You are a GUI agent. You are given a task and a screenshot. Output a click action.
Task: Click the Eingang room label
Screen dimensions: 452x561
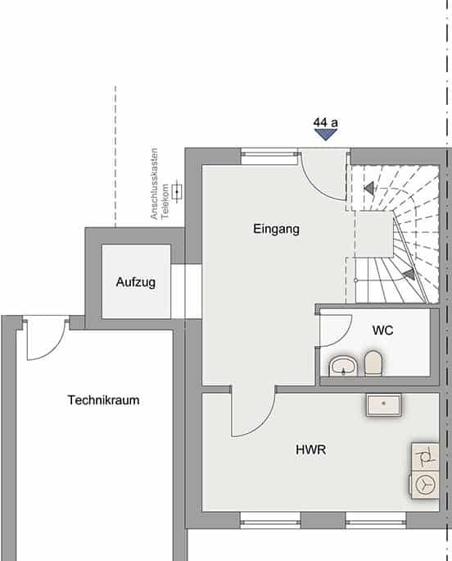pos(276,230)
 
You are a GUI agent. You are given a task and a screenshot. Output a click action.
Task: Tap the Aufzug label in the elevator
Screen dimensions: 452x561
pos(136,282)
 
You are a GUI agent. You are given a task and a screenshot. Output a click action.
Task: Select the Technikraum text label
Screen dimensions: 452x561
pos(104,400)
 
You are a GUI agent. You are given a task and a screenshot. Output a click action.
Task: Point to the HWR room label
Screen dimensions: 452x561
pos(311,449)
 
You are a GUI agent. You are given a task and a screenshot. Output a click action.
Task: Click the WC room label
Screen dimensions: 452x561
pos(382,331)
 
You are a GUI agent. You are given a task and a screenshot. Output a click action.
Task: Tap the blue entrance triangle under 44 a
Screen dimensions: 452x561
pos(326,135)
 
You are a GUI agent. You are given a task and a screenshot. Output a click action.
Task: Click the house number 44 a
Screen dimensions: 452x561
pos(326,123)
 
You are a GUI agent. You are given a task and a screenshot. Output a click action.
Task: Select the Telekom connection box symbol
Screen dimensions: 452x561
pos(177,192)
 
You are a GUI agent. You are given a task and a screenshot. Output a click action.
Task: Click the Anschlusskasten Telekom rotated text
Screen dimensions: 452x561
pos(159,184)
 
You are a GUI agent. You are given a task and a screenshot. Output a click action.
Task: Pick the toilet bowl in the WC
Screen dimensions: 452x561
pos(373,363)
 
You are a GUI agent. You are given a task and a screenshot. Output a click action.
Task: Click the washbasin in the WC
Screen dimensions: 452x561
pos(343,366)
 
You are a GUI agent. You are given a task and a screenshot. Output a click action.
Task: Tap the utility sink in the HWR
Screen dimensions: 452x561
pos(384,405)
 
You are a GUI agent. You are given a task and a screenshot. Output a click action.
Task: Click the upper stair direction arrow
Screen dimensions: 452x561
pos(369,188)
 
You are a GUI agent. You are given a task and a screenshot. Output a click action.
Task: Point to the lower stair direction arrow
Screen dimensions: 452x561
pos(409,274)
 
